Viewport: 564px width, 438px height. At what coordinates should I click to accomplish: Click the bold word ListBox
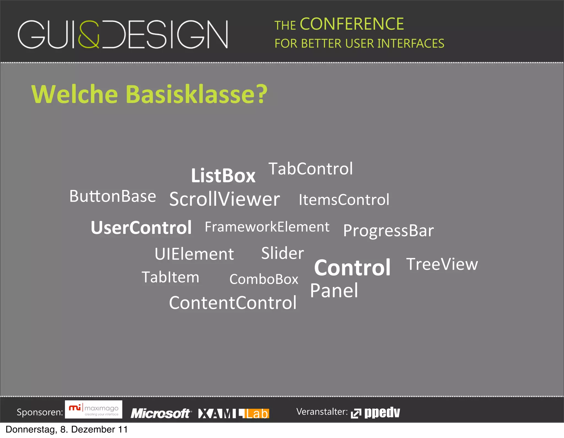pyautogui.click(x=223, y=175)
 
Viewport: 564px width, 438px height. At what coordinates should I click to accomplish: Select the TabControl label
pyautogui.click(x=310, y=169)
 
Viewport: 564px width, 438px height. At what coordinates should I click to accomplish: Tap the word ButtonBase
pyautogui.click(x=113, y=196)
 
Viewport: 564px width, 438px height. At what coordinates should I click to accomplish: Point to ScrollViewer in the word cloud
pyautogui.click(x=224, y=199)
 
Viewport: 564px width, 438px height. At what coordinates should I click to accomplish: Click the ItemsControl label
pyautogui.click(x=344, y=200)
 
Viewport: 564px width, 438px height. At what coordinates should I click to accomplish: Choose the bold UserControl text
pyautogui.click(x=141, y=228)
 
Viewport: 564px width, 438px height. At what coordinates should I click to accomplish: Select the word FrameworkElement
pyautogui.click(x=267, y=227)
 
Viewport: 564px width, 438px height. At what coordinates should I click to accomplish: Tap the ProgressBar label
pyautogui.click(x=388, y=230)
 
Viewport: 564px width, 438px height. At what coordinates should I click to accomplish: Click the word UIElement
pyautogui.click(x=194, y=254)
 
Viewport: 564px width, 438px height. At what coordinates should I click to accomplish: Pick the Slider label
pyautogui.click(x=283, y=253)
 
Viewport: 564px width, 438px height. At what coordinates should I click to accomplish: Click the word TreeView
pyautogui.click(x=442, y=264)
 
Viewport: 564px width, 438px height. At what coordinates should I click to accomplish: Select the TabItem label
pyautogui.click(x=170, y=277)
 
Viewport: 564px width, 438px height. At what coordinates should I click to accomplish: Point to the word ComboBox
pyautogui.click(x=264, y=279)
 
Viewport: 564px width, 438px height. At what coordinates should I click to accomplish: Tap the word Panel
pyautogui.click(x=334, y=290)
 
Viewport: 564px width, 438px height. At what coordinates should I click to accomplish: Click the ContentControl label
pyautogui.click(x=233, y=303)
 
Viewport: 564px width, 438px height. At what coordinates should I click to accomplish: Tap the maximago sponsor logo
pyautogui.click(x=94, y=409)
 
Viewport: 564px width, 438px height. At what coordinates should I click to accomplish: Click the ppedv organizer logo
pyautogui.click(x=376, y=412)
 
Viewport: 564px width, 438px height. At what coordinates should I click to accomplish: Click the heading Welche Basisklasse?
pyautogui.click(x=149, y=94)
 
